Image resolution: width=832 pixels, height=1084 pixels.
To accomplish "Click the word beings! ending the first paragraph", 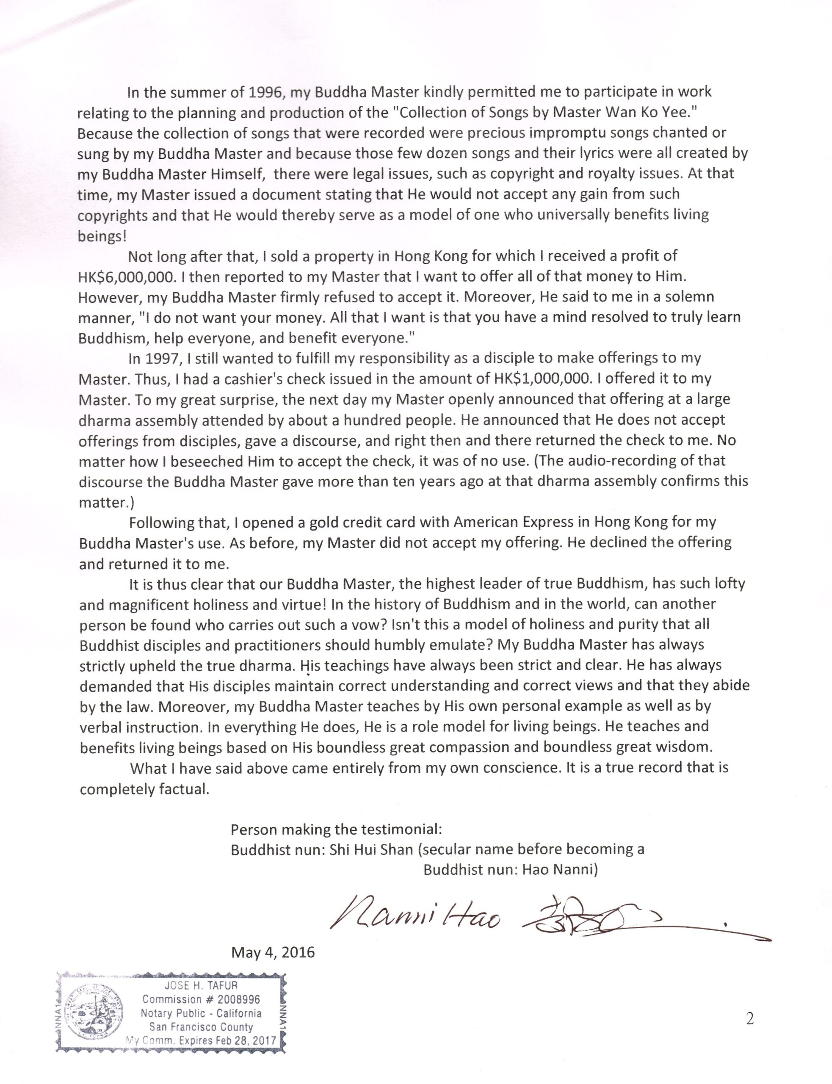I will coord(102,236).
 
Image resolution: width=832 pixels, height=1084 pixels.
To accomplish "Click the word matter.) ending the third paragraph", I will coord(106,503).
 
